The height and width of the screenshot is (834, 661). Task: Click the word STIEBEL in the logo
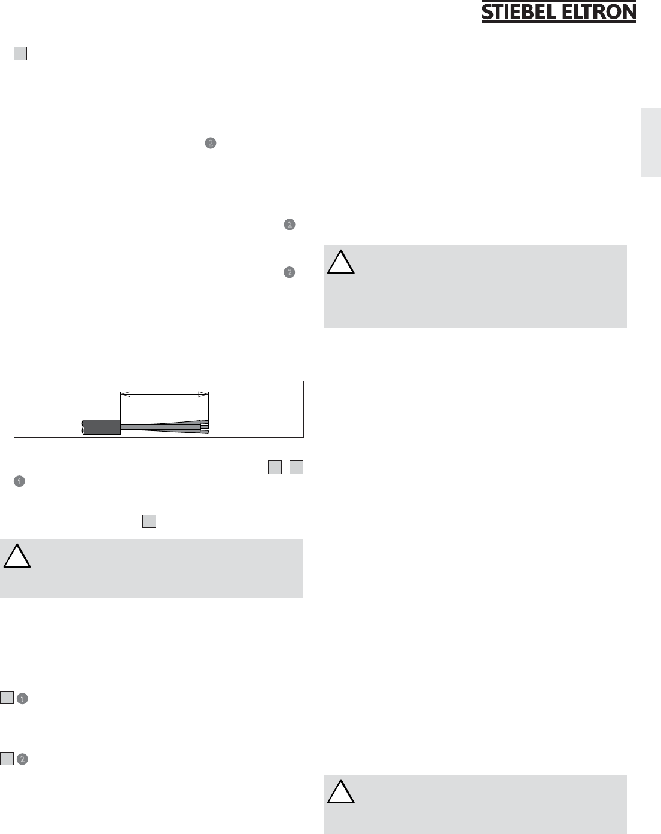(519, 12)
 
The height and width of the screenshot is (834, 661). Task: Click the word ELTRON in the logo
(599, 12)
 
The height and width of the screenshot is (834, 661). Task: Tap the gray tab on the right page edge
(651, 142)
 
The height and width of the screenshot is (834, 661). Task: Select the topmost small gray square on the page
(20, 53)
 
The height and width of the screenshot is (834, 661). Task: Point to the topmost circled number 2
(211, 143)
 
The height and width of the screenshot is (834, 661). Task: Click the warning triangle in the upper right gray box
(341, 262)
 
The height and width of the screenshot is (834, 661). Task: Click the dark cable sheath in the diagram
(102, 427)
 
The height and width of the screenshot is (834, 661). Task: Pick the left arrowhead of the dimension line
(126, 394)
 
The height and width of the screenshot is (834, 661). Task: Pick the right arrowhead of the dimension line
(203, 394)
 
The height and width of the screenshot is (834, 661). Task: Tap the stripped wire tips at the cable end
(205, 427)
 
